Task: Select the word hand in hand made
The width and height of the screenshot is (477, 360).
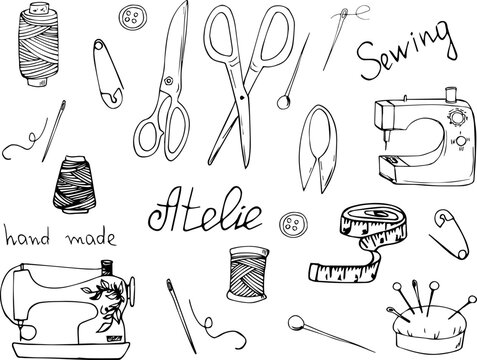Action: [27, 238]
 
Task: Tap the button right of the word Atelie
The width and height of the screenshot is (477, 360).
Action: [294, 223]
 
